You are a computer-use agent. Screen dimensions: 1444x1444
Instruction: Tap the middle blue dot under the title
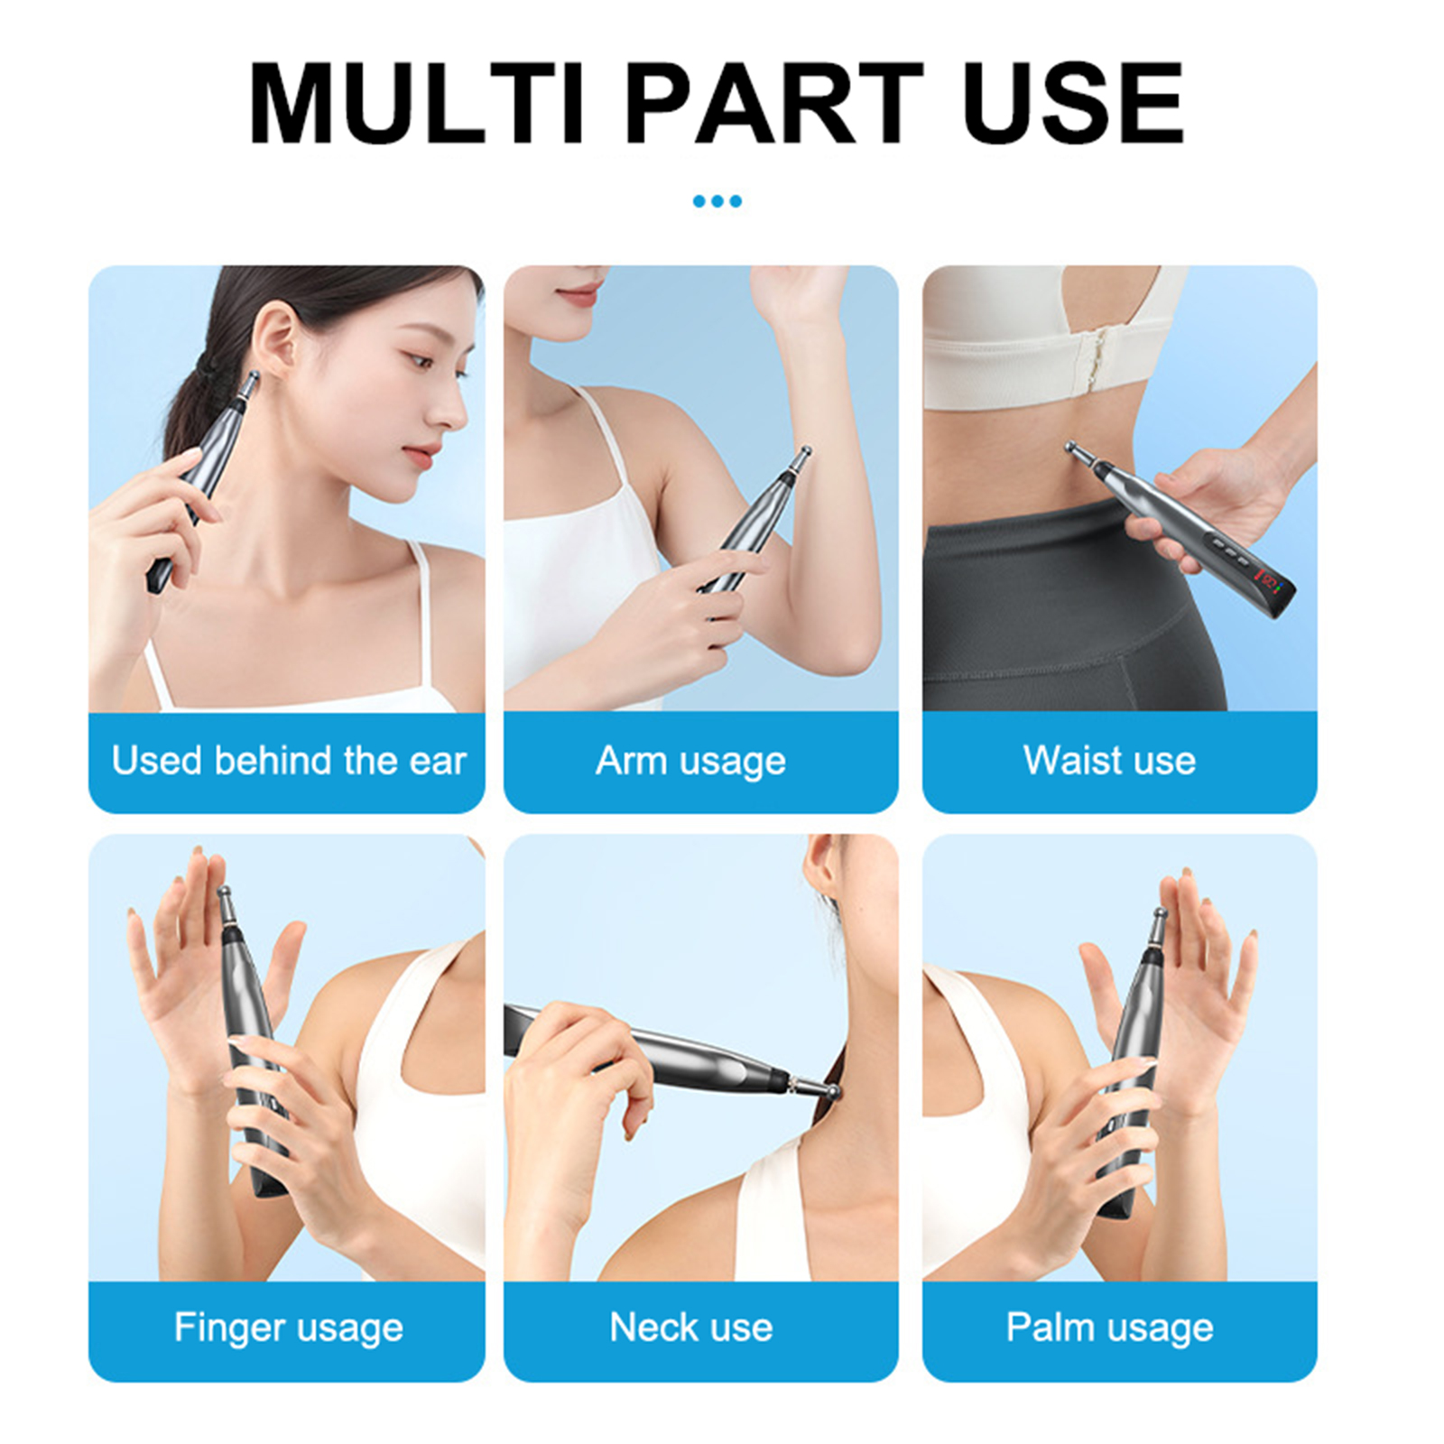[x=717, y=201]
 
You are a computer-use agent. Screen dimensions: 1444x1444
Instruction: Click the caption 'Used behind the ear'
[x=288, y=761]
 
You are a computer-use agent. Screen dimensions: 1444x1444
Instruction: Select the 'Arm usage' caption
[x=690, y=762]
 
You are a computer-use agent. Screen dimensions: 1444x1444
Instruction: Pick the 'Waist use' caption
[x=1109, y=761]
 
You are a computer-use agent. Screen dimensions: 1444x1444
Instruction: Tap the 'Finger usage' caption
[x=288, y=1328]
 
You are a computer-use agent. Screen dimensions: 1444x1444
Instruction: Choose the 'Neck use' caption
[x=690, y=1328]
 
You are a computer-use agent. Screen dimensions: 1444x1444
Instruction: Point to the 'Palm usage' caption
[x=1109, y=1328]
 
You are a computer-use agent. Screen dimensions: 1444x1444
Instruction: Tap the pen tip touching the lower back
[x=1071, y=449]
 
